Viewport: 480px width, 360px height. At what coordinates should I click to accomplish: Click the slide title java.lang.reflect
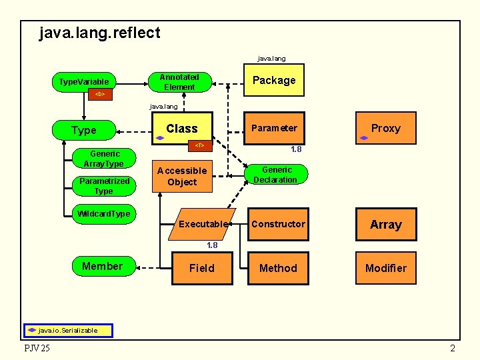point(100,33)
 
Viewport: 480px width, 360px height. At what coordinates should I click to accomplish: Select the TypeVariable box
point(84,81)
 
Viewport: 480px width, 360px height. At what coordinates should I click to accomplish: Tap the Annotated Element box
point(179,82)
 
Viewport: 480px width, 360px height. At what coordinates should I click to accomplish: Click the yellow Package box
point(273,81)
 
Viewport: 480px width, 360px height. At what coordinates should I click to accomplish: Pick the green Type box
point(84,130)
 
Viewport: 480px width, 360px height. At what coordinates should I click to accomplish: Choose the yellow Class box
point(182,128)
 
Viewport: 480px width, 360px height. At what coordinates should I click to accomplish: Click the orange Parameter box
point(273,128)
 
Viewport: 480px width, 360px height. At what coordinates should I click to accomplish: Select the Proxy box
point(385,128)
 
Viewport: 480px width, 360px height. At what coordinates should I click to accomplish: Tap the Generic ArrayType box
point(103,159)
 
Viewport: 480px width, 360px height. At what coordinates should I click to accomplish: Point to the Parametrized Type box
point(103,186)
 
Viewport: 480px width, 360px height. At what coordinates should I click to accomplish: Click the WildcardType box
point(103,214)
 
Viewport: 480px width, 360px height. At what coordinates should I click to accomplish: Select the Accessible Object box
point(182,177)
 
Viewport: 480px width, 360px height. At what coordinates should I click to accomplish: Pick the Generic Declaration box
point(275,175)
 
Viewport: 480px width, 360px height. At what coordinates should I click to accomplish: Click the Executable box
point(203,224)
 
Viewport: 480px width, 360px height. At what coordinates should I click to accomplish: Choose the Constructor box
point(278,224)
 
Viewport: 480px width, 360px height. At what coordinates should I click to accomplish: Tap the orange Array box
point(385,225)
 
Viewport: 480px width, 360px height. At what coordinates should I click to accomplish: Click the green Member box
point(102,267)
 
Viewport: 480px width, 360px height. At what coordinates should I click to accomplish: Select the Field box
point(201,268)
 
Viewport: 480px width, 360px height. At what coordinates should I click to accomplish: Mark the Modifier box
point(385,268)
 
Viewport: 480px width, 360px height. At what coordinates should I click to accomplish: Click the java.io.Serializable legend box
point(69,330)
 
